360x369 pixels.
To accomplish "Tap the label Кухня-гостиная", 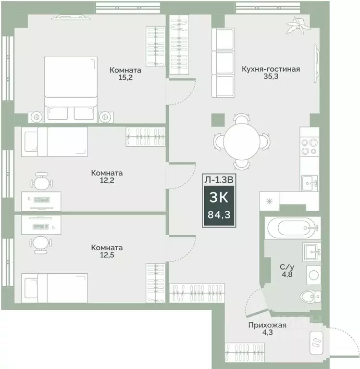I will click(271, 69).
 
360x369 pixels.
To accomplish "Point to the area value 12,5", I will click(107, 255).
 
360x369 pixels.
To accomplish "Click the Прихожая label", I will click(267, 325).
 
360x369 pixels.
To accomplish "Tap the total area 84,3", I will click(218, 215).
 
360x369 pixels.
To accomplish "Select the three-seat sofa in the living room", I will click(222, 63).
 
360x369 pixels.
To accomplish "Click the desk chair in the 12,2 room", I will click(40, 182).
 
